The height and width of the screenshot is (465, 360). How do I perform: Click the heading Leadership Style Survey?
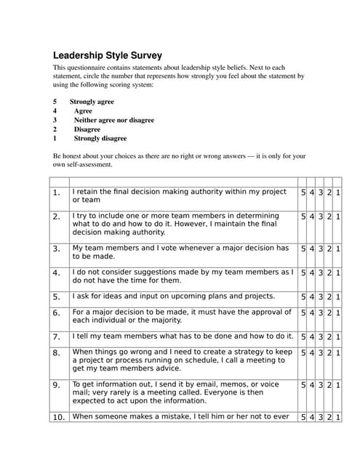(108, 55)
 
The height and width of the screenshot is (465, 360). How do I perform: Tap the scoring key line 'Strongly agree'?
(92, 102)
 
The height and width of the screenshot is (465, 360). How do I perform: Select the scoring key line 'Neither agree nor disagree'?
(113, 120)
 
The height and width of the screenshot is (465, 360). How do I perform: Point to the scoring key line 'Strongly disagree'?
(100, 138)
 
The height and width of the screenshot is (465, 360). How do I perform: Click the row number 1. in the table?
(57, 193)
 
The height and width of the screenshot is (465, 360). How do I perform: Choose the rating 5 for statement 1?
(303, 193)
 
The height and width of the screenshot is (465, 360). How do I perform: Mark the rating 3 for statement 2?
(321, 217)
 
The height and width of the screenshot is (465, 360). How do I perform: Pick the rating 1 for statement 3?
(338, 248)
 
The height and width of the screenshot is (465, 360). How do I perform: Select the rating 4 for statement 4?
(312, 273)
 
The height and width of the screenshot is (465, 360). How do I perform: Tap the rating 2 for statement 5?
(329, 297)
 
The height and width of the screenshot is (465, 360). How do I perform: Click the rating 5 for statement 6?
(303, 313)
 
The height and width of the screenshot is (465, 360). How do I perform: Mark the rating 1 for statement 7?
(338, 337)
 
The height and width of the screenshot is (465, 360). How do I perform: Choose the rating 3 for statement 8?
(321, 353)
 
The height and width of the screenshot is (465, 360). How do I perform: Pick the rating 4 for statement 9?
(312, 385)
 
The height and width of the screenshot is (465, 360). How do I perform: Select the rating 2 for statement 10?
(329, 417)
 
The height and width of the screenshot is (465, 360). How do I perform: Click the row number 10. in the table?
(58, 417)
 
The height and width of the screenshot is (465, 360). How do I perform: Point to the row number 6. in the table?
(57, 313)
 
